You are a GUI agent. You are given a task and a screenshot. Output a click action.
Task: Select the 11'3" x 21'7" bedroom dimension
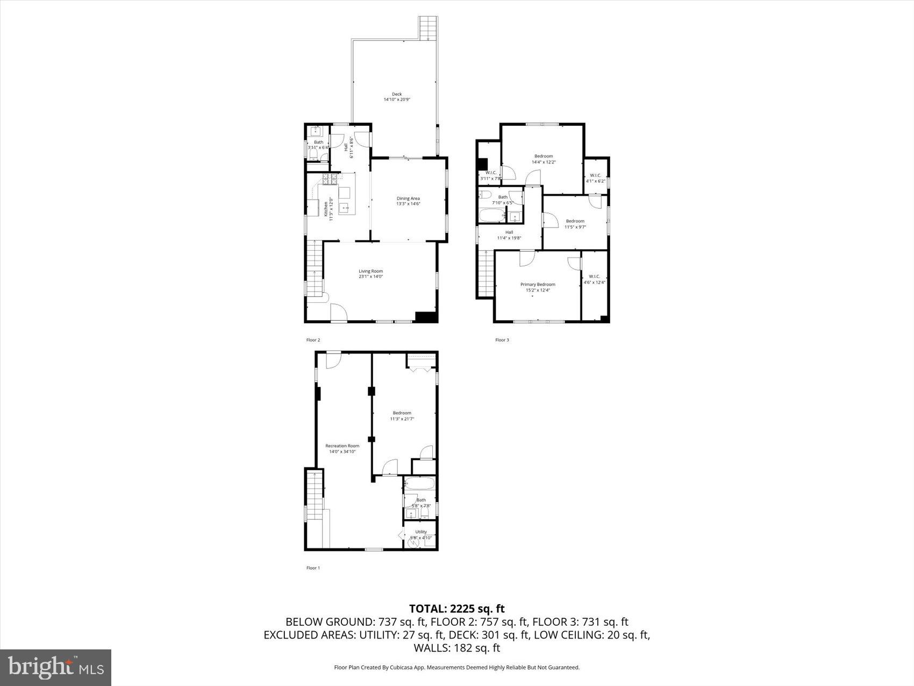tap(402, 419)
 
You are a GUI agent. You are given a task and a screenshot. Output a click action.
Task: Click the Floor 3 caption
tap(502, 340)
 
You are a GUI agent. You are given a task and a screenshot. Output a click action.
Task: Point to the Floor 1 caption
tap(312, 568)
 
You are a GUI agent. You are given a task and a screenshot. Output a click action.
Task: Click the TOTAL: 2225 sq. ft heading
tap(456, 609)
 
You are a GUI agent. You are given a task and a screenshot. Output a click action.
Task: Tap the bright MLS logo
tap(56, 668)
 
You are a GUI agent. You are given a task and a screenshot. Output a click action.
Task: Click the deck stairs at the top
tap(428, 28)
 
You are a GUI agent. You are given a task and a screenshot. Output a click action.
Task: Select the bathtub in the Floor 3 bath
tap(491, 217)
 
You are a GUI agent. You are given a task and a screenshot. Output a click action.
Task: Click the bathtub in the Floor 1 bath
tap(420, 483)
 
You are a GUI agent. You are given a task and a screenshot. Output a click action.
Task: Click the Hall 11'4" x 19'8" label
tap(509, 235)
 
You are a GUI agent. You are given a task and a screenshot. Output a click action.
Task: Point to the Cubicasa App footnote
tap(456, 667)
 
